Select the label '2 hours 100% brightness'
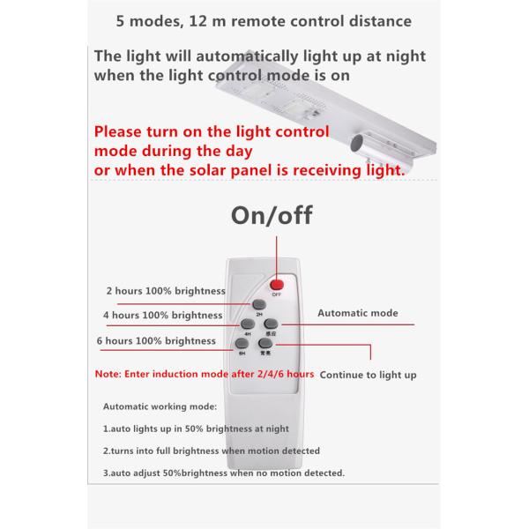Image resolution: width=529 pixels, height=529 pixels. pyautogui.click(x=166, y=290)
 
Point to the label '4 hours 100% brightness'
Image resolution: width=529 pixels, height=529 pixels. pyautogui.click(x=162, y=315)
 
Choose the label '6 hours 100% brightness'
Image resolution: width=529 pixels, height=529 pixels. pyautogui.click(x=156, y=340)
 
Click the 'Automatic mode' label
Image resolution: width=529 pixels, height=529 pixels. pyautogui.click(x=357, y=313)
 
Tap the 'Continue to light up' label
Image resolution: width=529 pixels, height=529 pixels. pyautogui.click(x=368, y=375)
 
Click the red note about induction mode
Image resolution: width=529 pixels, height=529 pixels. pyautogui.click(x=205, y=375)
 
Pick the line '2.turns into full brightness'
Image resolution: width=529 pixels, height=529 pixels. pyautogui.click(x=212, y=451)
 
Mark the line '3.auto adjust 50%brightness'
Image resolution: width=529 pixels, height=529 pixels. pyautogui.click(x=224, y=473)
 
